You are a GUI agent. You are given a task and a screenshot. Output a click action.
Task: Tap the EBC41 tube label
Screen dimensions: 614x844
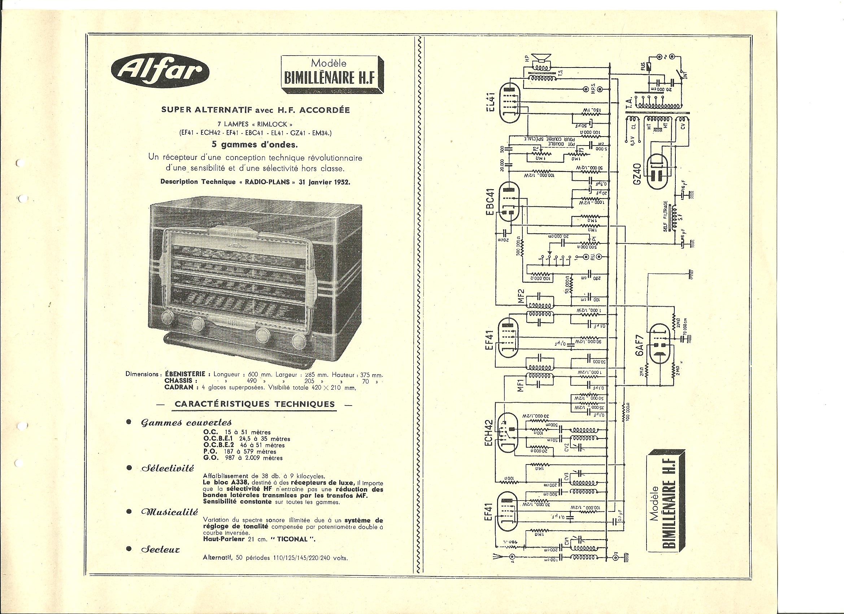(490, 203)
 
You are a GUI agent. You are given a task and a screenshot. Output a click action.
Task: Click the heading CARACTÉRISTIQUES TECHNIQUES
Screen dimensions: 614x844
(254, 404)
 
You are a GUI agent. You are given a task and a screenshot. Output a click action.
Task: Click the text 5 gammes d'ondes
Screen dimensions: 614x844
(254, 145)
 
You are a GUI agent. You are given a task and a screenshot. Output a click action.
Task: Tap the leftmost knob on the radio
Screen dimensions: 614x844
(168, 318)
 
